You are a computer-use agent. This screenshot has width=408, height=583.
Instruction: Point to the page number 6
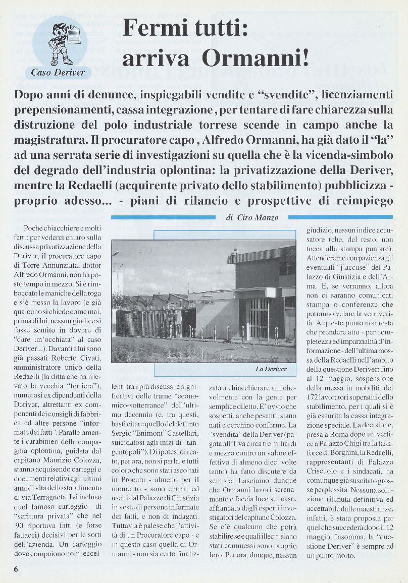(x=16, y=568)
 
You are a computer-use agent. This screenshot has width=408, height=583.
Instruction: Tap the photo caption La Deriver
(x=271, y=369)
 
